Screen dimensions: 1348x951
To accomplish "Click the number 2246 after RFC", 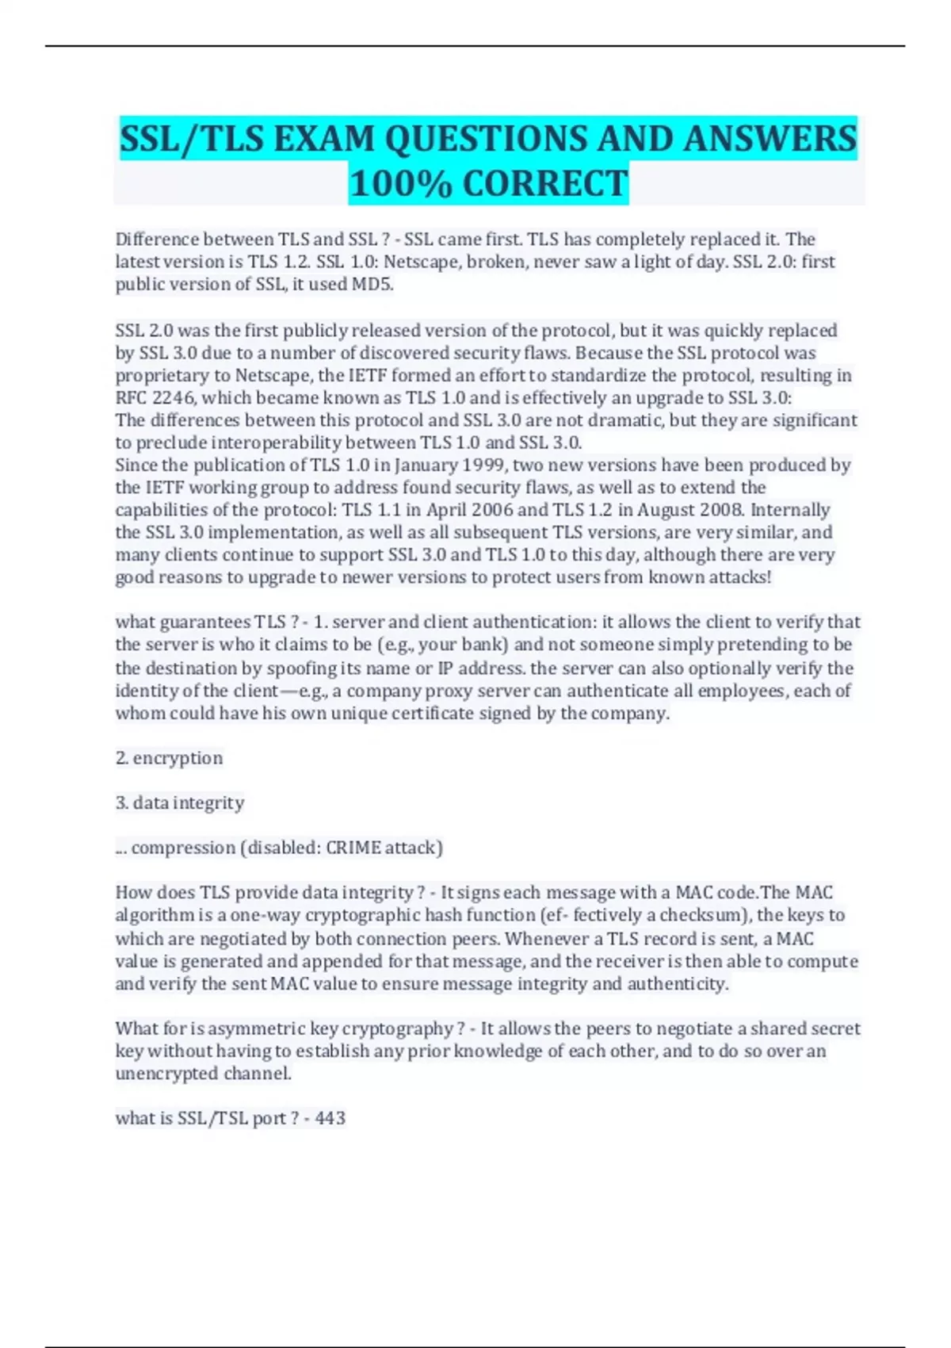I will point(173,397).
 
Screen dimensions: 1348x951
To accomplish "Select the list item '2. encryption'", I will point(169,758).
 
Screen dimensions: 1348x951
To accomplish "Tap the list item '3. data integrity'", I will point(180,803).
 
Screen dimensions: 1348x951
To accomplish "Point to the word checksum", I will point(706,915).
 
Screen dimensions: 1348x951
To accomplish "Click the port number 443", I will point(330,1118).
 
